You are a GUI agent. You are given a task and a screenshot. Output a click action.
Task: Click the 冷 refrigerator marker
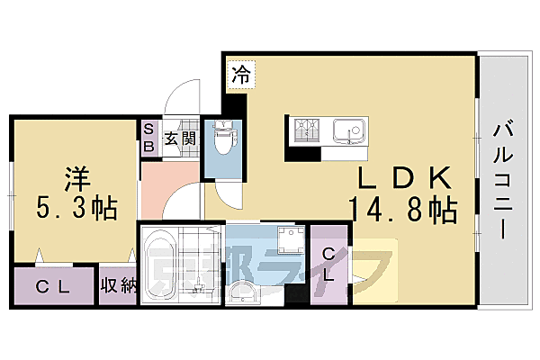(x=239, y=76)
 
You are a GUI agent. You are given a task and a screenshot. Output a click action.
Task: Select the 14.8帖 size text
(x=402, y=211)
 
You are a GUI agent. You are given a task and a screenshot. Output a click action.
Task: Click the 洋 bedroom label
(x=76, y=175)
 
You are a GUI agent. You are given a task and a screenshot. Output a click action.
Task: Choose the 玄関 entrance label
(x=180, y=139)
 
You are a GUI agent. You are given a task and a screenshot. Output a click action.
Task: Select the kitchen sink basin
(x=346, y=131)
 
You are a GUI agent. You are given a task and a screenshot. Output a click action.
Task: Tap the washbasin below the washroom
(x=242, y=291)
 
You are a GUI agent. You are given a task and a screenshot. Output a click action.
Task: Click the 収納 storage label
(x=118, y=288)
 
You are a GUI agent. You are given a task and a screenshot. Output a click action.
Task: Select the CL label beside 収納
(x=53, y=288)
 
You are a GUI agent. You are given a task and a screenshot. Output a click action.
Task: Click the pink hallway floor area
(x=166, y=187)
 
